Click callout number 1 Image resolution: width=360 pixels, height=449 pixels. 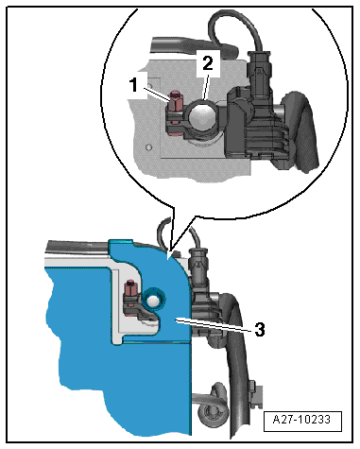coord(134,84)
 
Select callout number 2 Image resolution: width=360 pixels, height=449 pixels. coord(208,63)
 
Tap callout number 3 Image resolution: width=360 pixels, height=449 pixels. coord(260,330)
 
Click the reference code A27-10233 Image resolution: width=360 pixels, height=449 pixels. coord(302,420)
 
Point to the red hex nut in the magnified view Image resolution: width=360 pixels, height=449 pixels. coord(175,101)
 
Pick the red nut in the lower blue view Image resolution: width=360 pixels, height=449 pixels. coord(131,288)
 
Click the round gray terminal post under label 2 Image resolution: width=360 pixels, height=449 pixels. coord(203,117)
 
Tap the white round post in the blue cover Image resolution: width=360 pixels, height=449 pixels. coord(153,301)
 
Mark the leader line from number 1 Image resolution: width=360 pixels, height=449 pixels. coord(156,94)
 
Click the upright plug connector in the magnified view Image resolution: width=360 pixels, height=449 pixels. coord(260,75)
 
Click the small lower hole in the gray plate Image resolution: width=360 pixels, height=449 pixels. coord(149,147)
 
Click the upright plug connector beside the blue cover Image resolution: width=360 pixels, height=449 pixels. coord(197,267)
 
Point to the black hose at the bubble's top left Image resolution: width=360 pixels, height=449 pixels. coord(193,46)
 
